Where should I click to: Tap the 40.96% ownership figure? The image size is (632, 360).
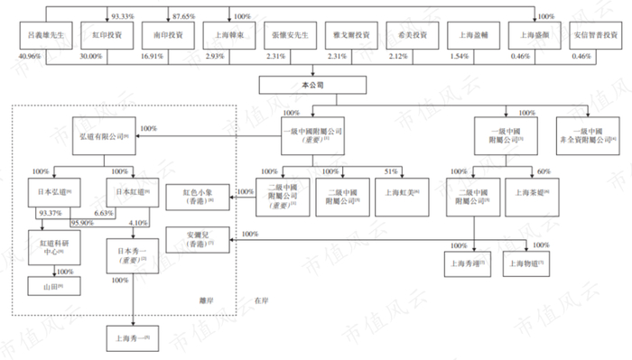click(x=27, y=58)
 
